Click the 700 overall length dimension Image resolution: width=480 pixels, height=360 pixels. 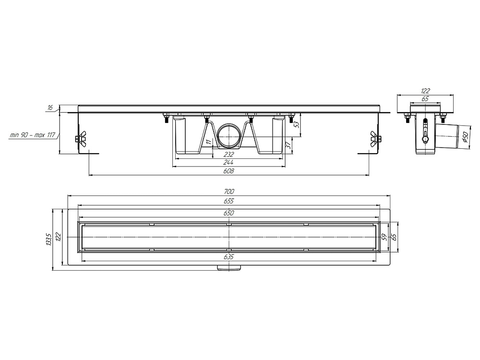228,192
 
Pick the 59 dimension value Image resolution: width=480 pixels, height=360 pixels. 384,237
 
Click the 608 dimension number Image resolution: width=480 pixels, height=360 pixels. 228,171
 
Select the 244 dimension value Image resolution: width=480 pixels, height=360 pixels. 228,163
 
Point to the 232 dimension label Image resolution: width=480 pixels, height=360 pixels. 228,155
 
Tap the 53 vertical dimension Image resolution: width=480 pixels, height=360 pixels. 296,124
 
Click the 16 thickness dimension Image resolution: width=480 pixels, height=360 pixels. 50,108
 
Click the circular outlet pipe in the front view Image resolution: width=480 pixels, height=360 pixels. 228,136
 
